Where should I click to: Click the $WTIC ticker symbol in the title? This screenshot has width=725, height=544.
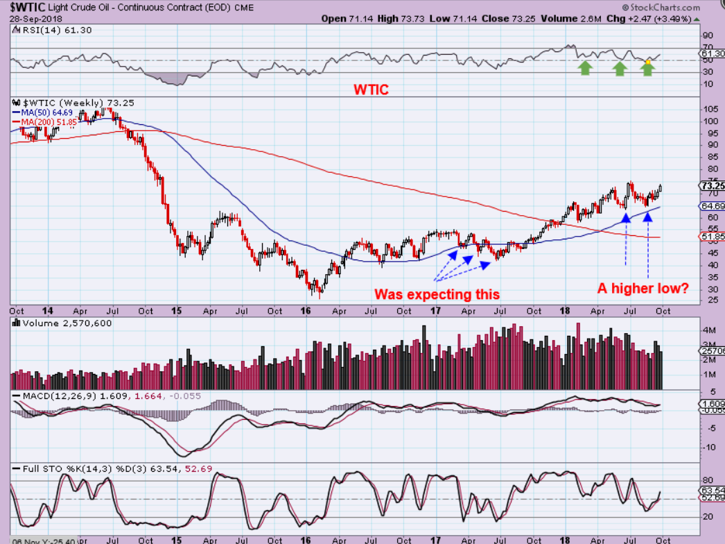point(23,8)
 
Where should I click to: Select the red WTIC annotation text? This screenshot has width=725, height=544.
point(371,90)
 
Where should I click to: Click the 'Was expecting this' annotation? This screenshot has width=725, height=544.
point(437,294)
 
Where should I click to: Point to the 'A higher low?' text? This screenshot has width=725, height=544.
point(643,288)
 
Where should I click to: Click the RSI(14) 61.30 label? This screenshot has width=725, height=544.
point(44,30)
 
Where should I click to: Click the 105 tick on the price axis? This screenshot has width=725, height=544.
point(709,110)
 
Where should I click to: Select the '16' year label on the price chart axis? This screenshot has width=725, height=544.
point(305,311)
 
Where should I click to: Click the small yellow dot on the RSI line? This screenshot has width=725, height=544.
point(647,62)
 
